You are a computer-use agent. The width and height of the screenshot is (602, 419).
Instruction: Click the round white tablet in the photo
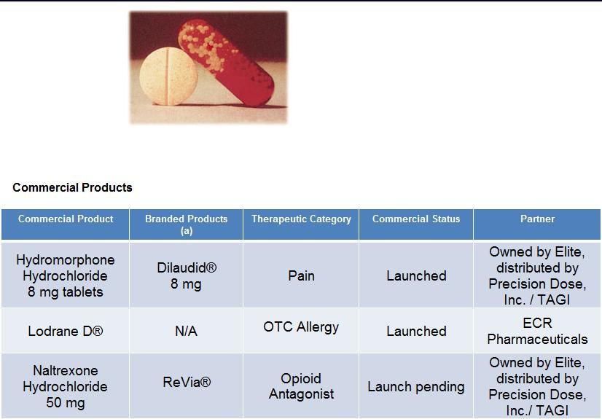(x=168, y=77)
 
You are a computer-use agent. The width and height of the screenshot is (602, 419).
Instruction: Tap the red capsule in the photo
(x=227, y=63)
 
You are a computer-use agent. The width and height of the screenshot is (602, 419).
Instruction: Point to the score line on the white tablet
(x=168, y=77)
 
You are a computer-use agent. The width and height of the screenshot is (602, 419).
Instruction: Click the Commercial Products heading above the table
(x=72, y=187)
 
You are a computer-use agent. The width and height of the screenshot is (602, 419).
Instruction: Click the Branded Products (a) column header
(x=186, y=224)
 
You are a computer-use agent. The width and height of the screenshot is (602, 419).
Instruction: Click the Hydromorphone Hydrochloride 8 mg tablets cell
(x=66, y=275)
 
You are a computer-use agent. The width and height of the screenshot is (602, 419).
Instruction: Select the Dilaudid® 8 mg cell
(x=187, y=275)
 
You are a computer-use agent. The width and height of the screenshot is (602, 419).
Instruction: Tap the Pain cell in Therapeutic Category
(x=302, y=275)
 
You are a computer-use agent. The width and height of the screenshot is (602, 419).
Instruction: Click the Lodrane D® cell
(x=66, y=331)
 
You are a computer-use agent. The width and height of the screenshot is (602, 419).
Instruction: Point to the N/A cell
(x=186, y=331)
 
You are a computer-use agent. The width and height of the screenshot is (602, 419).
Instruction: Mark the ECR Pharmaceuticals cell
(x=538, y=331)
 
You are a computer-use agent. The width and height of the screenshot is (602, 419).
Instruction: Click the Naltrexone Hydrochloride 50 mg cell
(x=66, y=386)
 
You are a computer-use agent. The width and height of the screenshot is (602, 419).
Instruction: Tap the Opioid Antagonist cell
(x=301, y=386)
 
